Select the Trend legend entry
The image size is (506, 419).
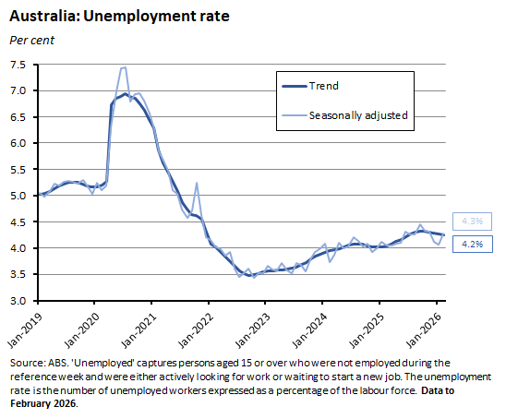(x=323, y=86)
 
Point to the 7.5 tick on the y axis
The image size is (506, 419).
(x=19, y=65)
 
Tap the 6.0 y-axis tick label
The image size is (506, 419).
(x=19, y=143)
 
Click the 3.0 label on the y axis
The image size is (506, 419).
(x=19, y=301)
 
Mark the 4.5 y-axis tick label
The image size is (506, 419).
(x=19, y=222)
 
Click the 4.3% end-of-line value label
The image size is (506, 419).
(x=472, y=221)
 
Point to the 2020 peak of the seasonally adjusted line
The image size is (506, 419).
(x=123, y=67)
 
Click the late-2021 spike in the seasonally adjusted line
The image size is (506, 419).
(x=197, y=184)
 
